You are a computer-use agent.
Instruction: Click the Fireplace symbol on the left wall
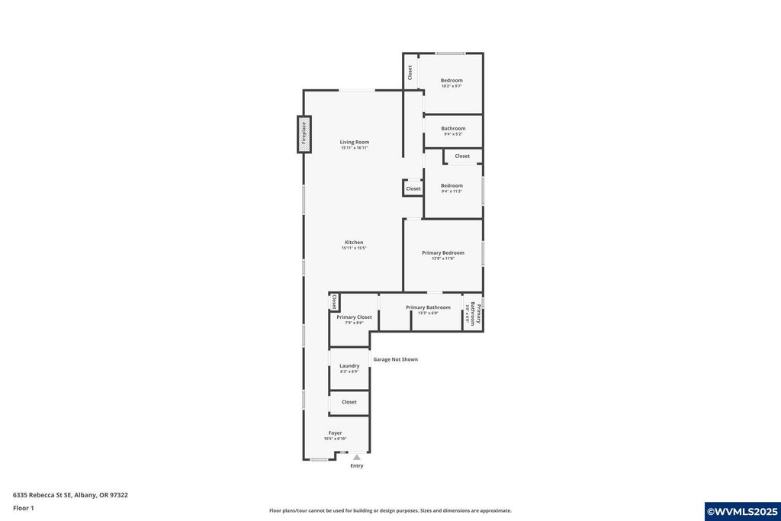(304, 133)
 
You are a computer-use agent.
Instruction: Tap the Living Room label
(355, 142)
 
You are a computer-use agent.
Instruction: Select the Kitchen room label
(354, 243)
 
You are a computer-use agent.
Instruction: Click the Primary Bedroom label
(443, 252)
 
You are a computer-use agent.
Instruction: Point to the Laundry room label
(349, 365)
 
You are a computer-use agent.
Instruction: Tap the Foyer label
(336, 433)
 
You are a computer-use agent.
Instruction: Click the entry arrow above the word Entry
(356, 457)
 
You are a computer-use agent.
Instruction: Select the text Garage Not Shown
(395, 359)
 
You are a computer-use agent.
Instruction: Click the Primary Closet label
(354, 317)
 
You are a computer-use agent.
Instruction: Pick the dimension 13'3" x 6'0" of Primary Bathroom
(428, 313)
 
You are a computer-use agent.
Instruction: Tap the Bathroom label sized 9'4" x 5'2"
(453, 128)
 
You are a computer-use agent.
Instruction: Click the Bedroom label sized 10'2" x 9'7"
(452, 80)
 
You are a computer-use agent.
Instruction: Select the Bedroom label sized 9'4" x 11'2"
(452, 185)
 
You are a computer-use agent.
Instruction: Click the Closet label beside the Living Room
(413, 188)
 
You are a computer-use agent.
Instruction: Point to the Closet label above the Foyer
(349, 402)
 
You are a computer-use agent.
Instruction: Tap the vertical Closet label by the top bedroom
(410, 72)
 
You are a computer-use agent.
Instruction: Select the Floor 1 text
(24, 508)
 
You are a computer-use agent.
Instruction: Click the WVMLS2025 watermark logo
(742, 511)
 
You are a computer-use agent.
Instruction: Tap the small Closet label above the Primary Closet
(334, 302)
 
